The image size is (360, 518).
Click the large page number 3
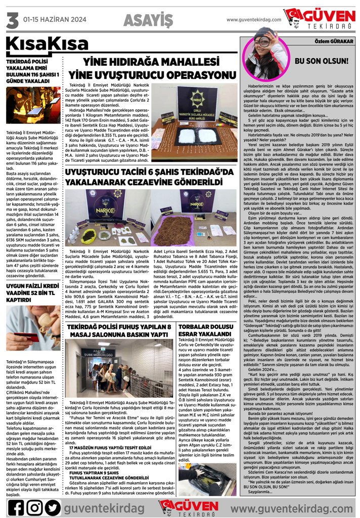pos(11,22)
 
